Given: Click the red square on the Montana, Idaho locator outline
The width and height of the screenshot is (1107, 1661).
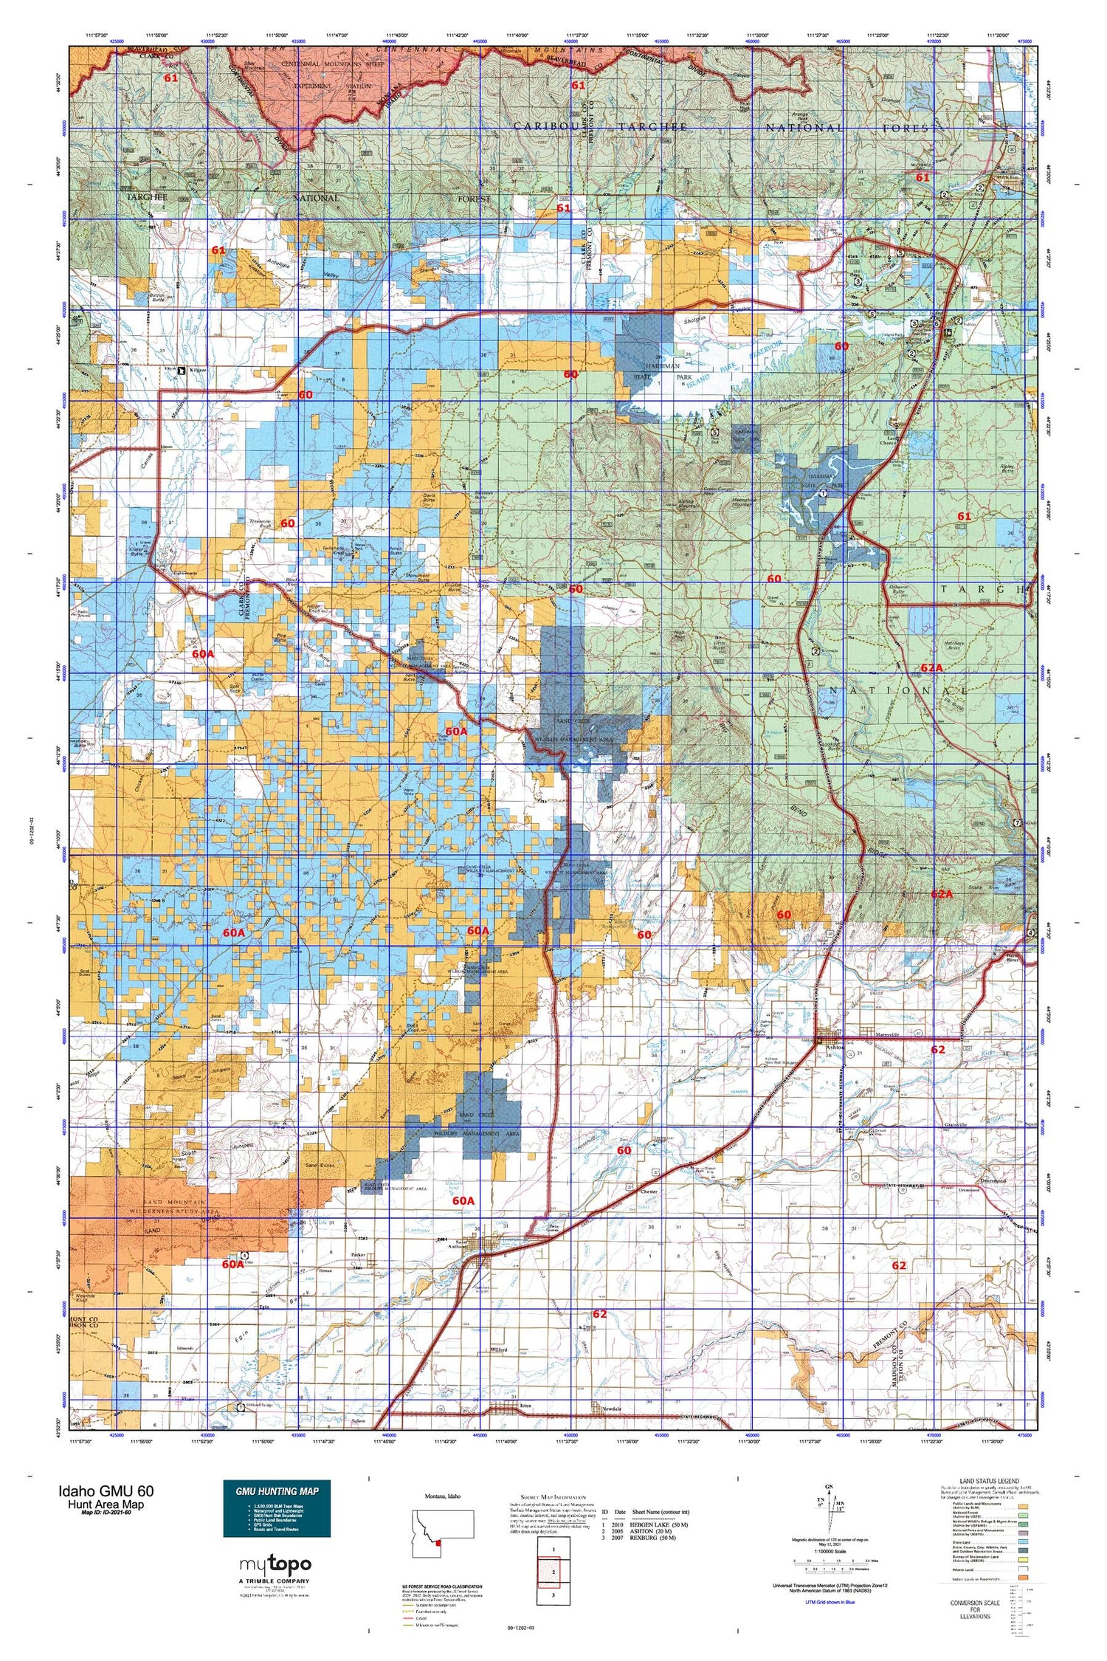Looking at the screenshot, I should (x=438, y=1542).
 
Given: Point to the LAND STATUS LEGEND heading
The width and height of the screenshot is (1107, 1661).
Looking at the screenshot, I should (x=987, y=1481).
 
